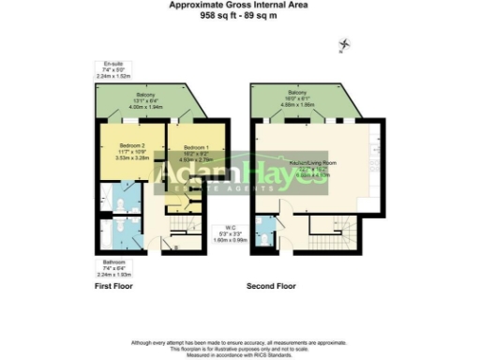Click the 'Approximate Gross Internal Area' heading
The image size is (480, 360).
[240, 5]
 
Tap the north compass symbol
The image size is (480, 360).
[344, 44]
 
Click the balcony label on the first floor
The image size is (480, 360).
[145, 95]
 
